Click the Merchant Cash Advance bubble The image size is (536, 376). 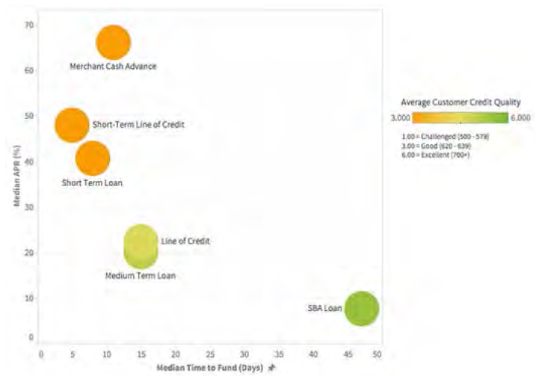[113, 43]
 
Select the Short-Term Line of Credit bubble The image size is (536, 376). [72, 125]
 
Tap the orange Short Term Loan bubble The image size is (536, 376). [92, 158]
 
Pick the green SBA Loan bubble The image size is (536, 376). [362, 308]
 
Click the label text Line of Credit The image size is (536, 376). [185, 241]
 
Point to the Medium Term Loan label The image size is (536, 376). [140, 276]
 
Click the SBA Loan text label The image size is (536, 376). [324, 308]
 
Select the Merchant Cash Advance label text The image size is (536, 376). [113, 67]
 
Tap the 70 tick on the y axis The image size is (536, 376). [29, 25]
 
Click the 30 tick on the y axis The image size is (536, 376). [29, 207]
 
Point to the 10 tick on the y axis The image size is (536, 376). [29, 298]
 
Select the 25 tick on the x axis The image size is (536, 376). [210, 354]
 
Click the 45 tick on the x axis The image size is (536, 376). [348, 354]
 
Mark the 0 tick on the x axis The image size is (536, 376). [41, 354]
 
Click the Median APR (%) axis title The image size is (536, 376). [17, 176]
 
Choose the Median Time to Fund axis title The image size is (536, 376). [210, 368]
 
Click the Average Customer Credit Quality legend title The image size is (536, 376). [460, 102]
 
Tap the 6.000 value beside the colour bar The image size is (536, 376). [520, 118]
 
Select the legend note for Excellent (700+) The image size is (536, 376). [436, 155]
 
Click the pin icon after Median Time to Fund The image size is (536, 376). [272, 368]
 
